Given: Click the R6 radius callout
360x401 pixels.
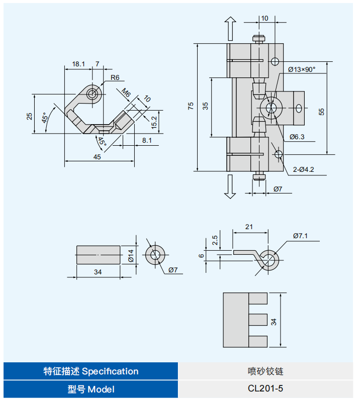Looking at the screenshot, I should [x=115, y=78].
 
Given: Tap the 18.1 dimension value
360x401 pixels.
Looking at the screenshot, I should [x=78, y=64].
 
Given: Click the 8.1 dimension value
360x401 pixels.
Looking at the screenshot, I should [x=146, y=141].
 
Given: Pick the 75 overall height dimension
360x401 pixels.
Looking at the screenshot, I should [x=191, y=106].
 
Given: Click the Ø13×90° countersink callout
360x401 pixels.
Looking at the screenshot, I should [x=302, y=69].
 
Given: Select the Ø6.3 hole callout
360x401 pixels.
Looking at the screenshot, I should [x=297, y=137].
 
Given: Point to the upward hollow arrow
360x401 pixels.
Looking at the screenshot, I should [x=230, y=28].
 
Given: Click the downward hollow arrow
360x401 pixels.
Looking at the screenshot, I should [x=230, y=186].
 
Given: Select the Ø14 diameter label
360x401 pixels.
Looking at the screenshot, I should [x=131, y=256].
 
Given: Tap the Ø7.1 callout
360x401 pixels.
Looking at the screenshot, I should [x=300, y=235].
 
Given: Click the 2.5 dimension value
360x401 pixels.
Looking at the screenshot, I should [x=215, y=240].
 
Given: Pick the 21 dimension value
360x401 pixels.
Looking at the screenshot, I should [x=249, y=227].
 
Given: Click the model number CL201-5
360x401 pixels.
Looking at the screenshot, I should [x=266, y=388].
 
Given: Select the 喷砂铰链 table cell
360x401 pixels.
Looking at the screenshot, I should [x=266, y=371].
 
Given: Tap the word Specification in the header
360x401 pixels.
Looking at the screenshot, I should [x=110, y=371].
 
